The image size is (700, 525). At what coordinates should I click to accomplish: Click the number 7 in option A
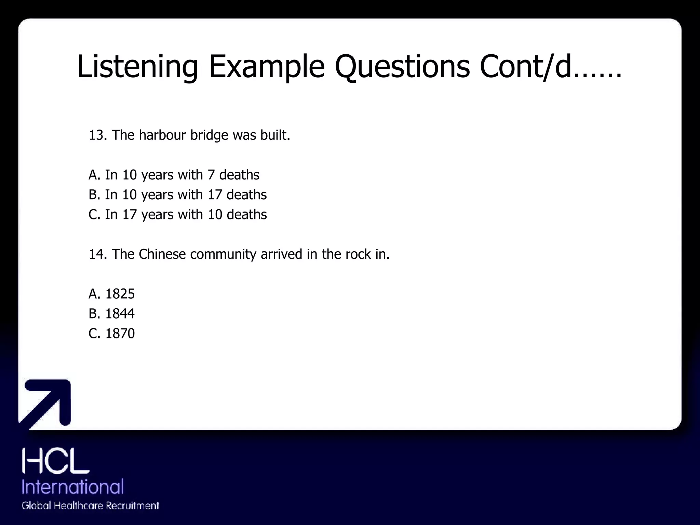point(211,175)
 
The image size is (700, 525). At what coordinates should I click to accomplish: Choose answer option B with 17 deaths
point(177,195)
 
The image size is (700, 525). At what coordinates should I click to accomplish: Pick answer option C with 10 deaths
point(177,215)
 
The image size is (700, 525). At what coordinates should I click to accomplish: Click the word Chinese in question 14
point(162,254)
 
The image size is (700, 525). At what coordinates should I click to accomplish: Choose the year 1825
point(120,294)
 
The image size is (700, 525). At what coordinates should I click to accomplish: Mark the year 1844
point(120,314)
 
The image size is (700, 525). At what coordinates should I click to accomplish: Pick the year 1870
point(120,334)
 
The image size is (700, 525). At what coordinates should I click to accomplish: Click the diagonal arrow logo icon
point(46,403)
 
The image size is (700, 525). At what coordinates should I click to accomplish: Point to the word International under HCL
point(72,486)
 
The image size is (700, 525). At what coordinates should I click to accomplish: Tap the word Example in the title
point(267,67)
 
